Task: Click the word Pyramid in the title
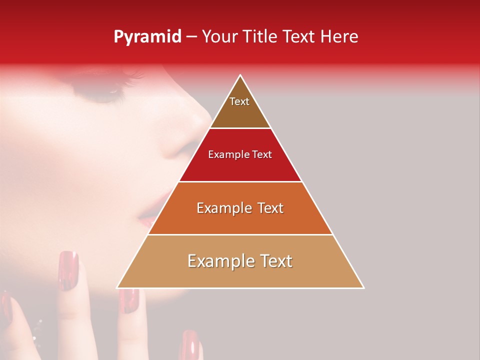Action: click(147, 37)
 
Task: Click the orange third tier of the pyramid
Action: click(240, 220)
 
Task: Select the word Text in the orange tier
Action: click(267, 208)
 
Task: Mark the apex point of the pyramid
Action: click(240, 75)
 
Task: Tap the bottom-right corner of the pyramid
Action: click(363, 287)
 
